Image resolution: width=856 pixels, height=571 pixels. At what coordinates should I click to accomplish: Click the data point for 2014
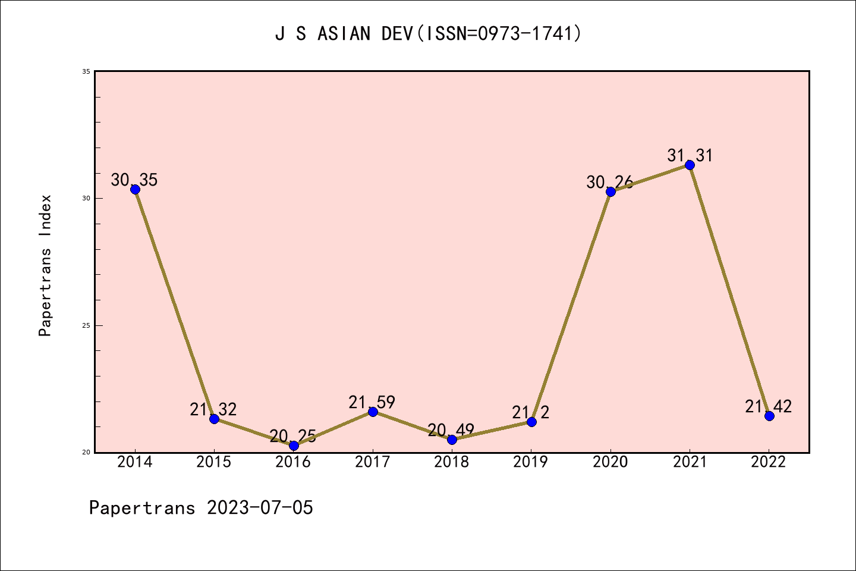click(135, 189)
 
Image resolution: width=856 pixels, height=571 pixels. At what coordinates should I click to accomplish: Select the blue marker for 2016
click(294, 445)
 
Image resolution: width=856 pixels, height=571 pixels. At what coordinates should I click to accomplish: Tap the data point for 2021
click(690, 165)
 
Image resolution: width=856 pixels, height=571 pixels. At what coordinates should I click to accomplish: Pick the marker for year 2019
click(531, 422)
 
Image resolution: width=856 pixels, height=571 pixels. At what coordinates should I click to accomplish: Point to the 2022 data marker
click(769, 416)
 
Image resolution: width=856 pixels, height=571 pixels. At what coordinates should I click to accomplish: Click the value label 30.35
click(134, 180)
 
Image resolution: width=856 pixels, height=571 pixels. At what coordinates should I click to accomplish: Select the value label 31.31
click(690, 156)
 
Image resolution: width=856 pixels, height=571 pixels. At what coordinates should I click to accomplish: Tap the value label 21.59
click(372, 403)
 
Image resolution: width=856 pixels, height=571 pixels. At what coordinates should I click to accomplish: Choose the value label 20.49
click(451, 430)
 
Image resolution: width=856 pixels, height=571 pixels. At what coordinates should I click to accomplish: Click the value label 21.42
click(768, 407)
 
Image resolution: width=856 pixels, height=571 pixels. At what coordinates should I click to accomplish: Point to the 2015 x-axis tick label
click(214, 462)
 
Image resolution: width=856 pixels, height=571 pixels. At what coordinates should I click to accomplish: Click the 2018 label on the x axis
click(452, 462)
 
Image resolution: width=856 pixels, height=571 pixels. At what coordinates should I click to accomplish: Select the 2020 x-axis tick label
click(610, 462)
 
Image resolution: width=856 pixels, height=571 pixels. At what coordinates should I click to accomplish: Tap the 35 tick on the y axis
click(86, 71)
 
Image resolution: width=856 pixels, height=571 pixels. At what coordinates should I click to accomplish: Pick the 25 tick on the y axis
click(86, 325)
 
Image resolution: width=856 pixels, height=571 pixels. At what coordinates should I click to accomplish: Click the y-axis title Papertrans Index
click(46, 265)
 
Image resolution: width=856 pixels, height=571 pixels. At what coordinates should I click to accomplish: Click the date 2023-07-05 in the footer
click(260, 508)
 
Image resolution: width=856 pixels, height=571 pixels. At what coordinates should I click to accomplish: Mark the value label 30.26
click(609, 182)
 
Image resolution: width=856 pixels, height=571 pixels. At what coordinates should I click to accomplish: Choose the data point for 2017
click(373, 412)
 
